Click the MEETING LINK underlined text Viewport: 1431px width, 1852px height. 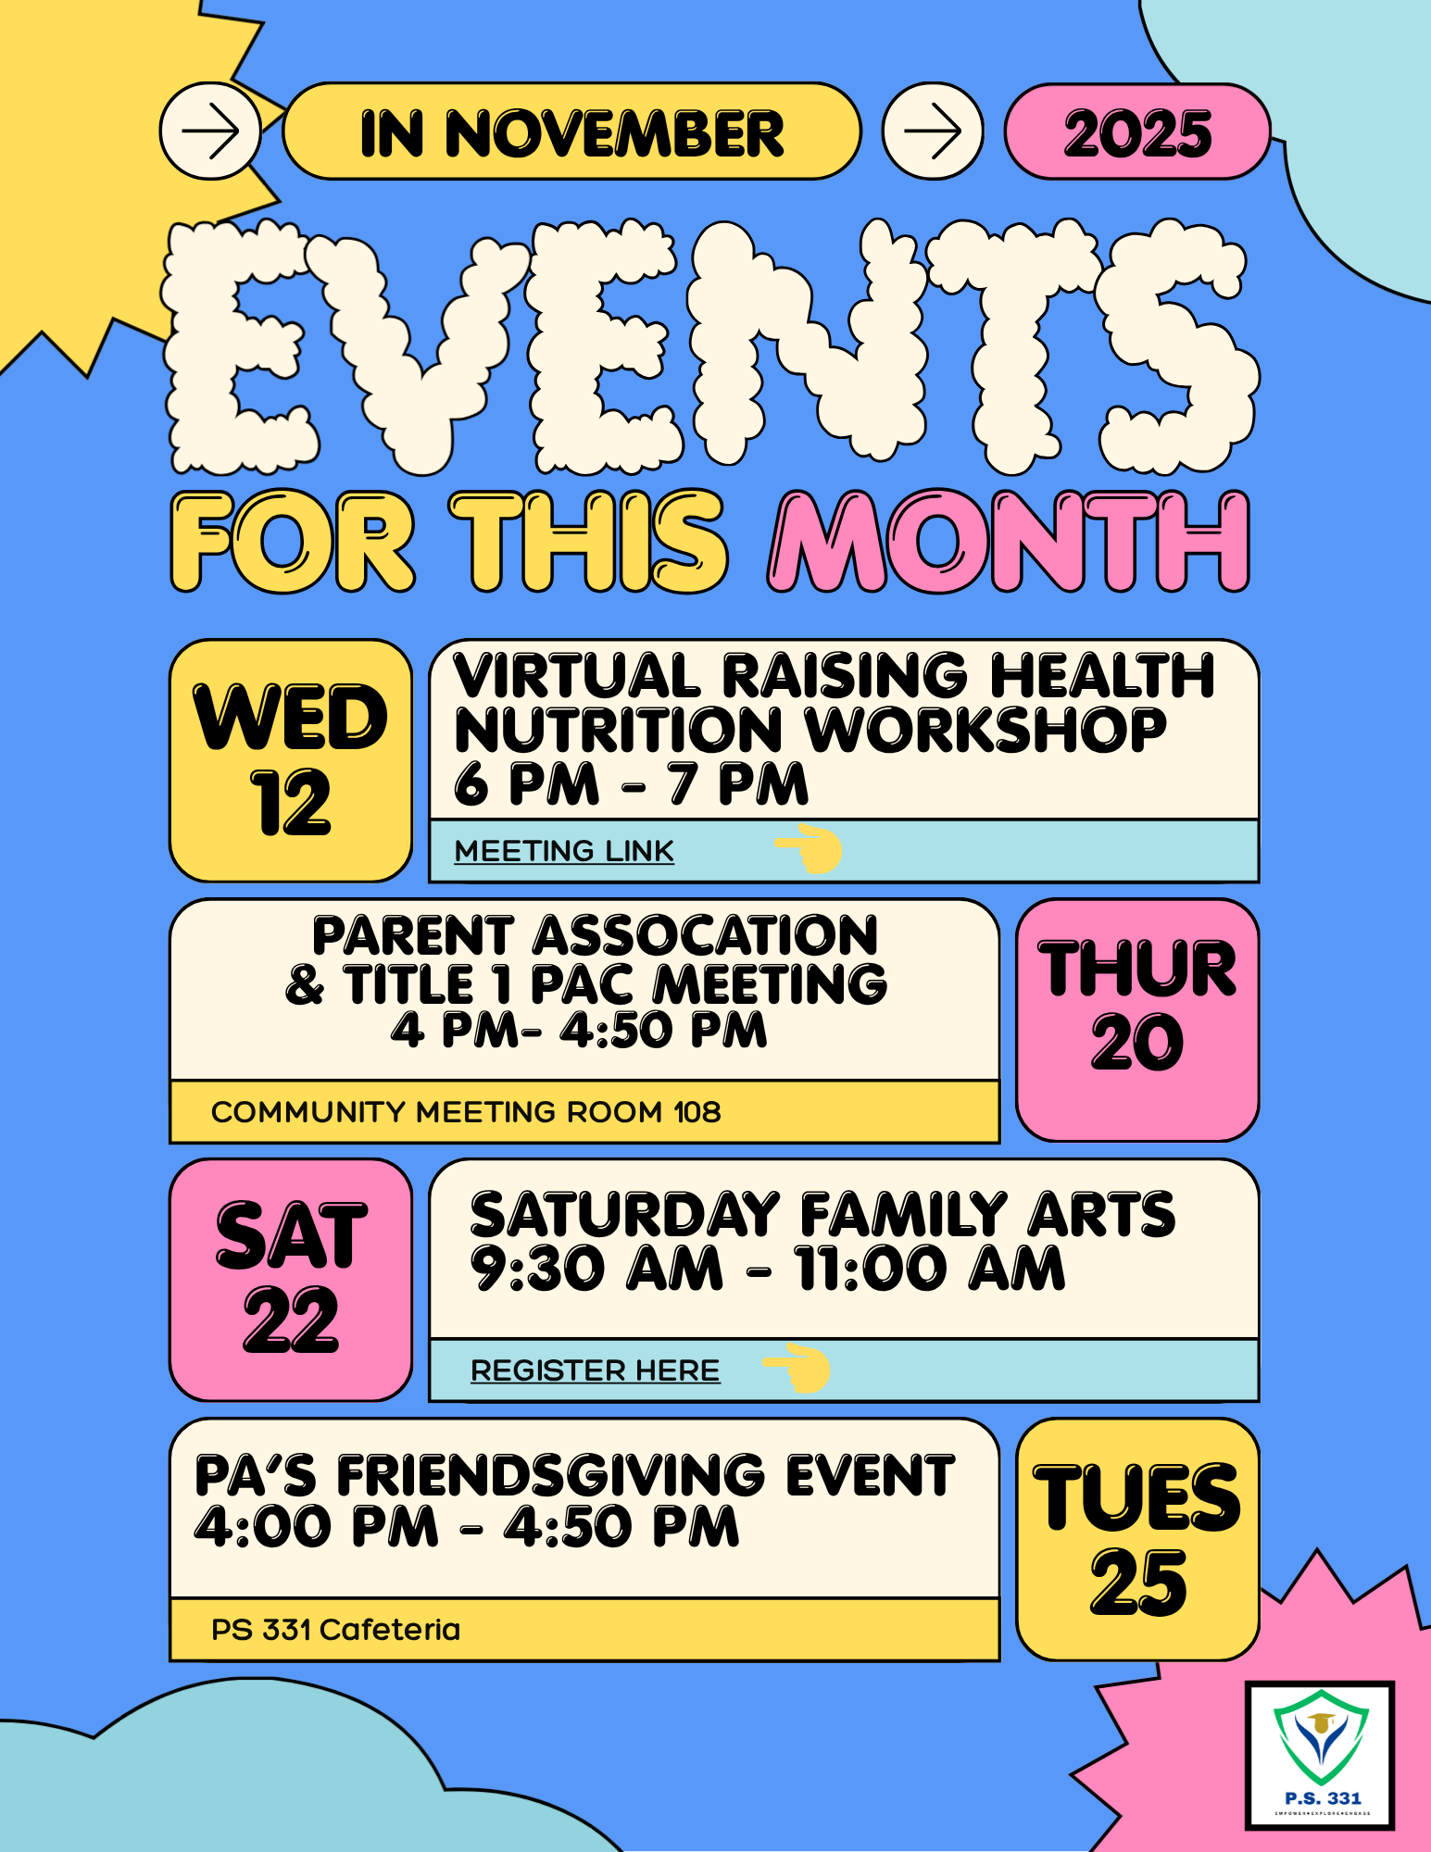pos(564,851)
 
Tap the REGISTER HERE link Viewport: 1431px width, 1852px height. pos(595,1370)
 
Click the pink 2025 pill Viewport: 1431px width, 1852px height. pos(1137,131)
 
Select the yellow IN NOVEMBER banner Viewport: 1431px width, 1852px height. pos(571,131)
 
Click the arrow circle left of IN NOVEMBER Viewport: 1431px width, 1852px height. pos(210,131)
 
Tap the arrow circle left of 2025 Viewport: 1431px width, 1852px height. pos(933,131)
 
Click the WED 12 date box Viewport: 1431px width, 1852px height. pos(291,760)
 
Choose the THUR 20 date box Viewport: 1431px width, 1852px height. pos(1137,1020)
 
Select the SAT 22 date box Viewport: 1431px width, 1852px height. pos(291,1280)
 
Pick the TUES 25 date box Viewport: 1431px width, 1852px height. pos(1137,1539)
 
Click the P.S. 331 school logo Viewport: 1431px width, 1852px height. pos(1320,1756)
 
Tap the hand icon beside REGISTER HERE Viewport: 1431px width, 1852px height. pos(797,1368)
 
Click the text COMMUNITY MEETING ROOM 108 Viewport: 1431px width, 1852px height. pos(466,1111)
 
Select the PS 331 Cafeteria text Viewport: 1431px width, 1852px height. pos(335,1630)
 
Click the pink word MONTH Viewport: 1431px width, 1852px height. pos(1009,542)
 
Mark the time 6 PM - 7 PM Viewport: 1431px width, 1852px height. pos(631,783)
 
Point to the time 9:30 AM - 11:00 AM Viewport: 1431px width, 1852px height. pos(768,1268)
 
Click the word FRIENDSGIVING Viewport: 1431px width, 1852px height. pos(550,1475)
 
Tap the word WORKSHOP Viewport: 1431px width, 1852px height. pos(986,731)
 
